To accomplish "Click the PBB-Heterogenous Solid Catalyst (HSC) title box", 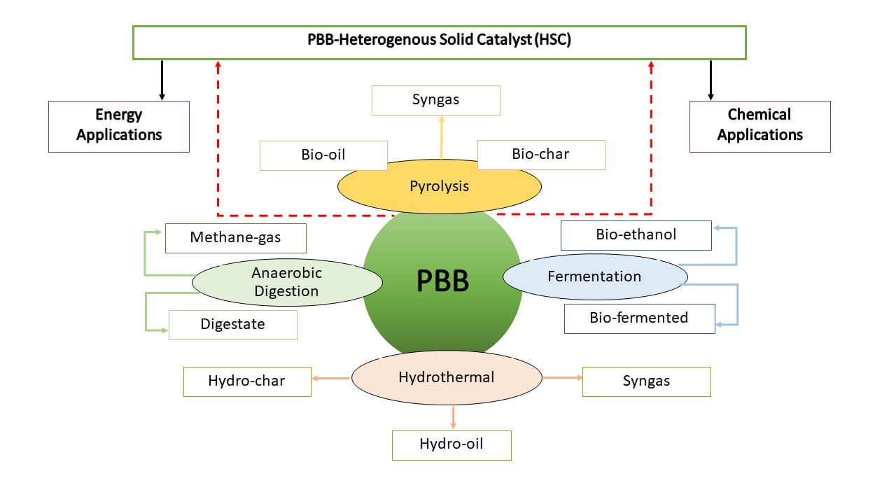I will pyautogui.click(x=439, y=42).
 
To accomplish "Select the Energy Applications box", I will pyautogui.click(x=119, y=126).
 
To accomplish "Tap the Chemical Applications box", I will pyautogui.click(x=759, y=126).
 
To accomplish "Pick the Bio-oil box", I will pyautogui.click(x=323, y=155).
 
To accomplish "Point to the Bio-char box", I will pyautogui.click(x=540, y=155).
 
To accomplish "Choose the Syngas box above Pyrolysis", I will pyautogui.click(x=435, y=100).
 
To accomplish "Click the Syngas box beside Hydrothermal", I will pyautogui.click(x=646, y=381).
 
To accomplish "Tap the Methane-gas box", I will pyautogui.click(x=235, y=238).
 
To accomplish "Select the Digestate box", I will pyautogui.click(x=232, y=325).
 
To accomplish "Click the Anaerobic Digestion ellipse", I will pyautogui.click(x=287, y=282).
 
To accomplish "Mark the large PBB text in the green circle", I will pyautogui.click(x=442, y=281).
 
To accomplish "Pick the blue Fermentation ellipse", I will pyautogui.click(x=594, y=276).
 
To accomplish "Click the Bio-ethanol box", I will pyautogui.click(x=636, y=235).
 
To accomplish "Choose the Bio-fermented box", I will pyautogui.click(x=639, y=318).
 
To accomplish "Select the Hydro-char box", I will pyautogui.click(x=247, y=381).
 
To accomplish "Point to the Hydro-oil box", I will pyautogui.click(x=451, y=444).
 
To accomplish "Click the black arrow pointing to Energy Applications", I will pyautogui.click(x=162, y=80).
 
